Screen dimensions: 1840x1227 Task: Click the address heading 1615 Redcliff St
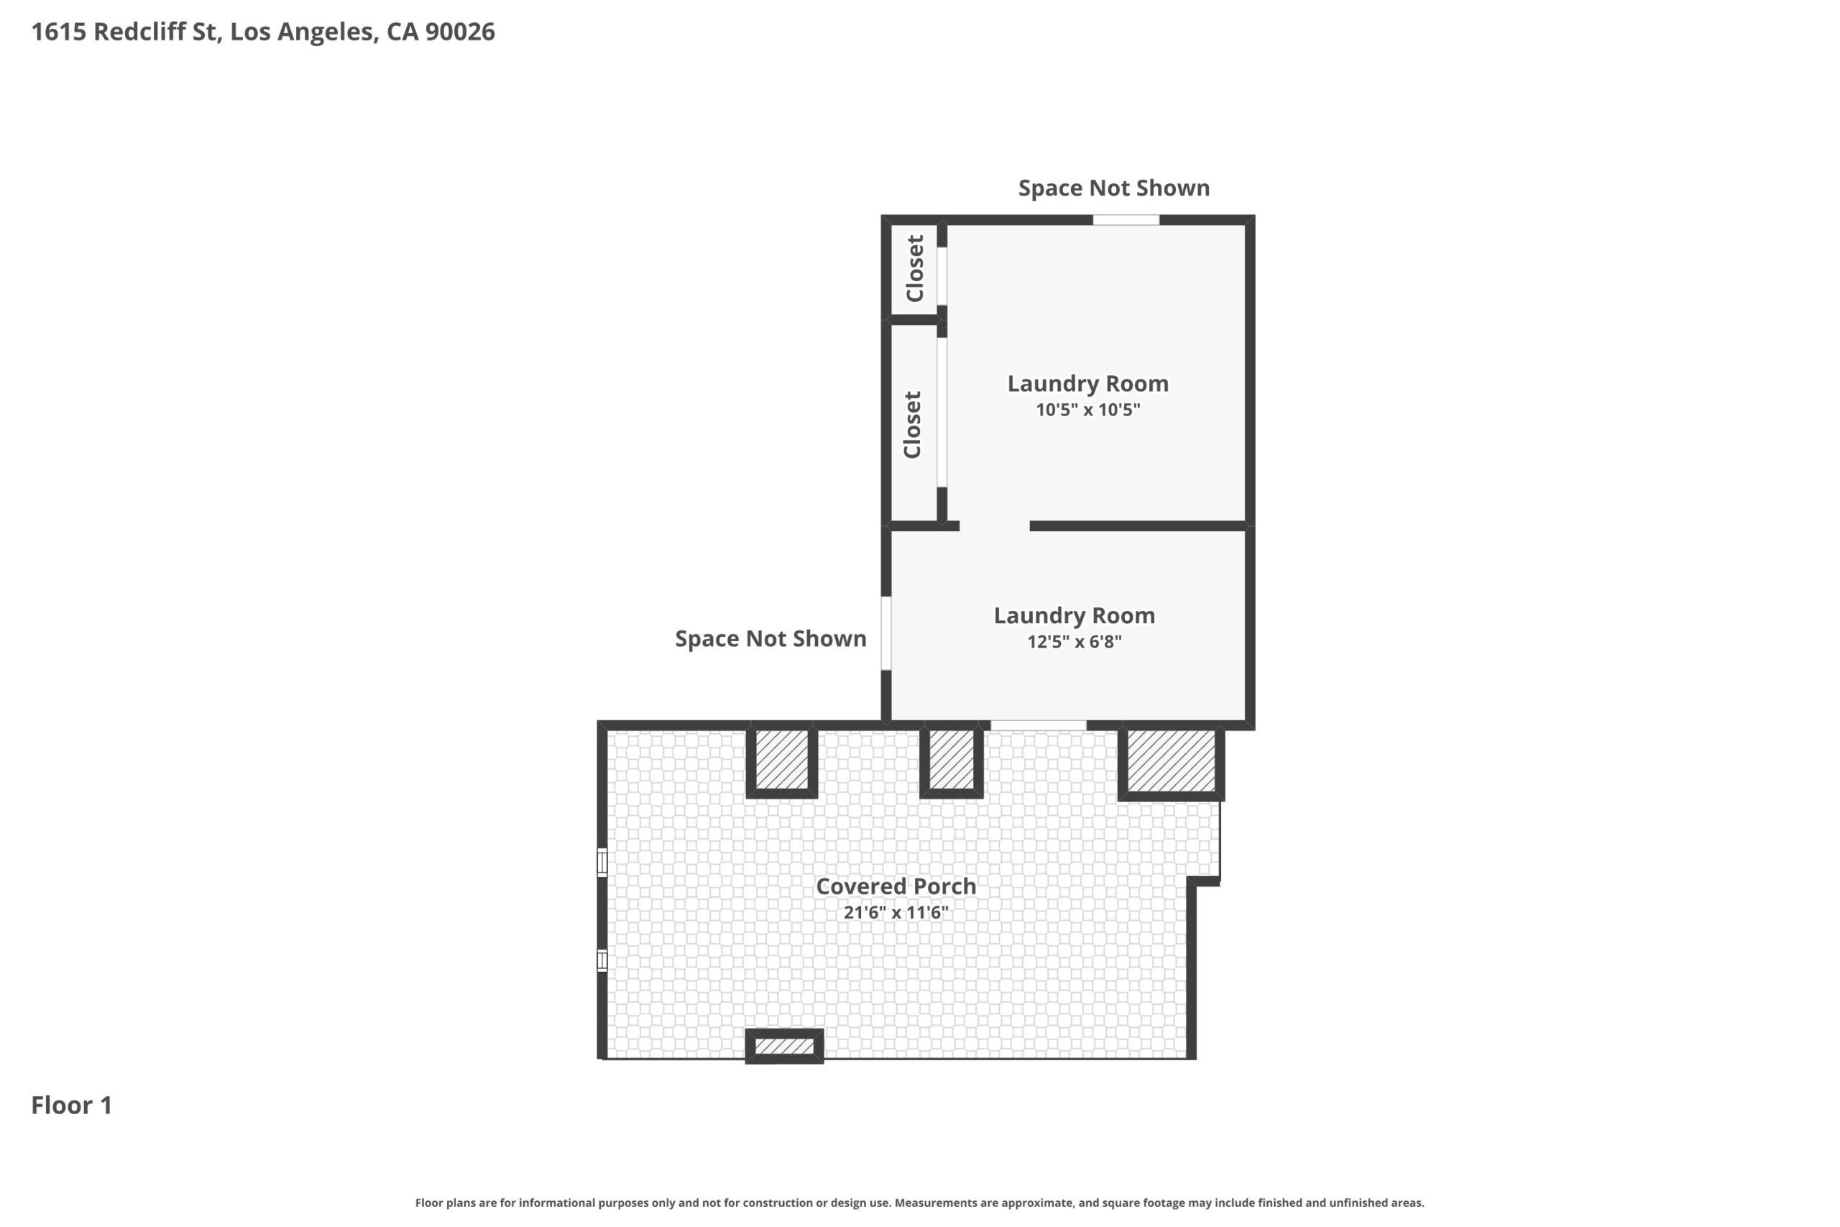pos(263,32)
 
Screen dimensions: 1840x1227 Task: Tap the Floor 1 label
pos(72,1105)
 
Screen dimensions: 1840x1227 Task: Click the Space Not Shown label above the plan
pos(1114,188)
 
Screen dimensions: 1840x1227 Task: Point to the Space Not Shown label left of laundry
pos(770,638)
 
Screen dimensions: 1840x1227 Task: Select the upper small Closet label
pos(914,268)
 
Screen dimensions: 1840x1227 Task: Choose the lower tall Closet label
pos(912,425)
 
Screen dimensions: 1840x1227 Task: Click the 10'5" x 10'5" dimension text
pos(1088,409)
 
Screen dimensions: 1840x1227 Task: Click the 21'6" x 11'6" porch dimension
pos(896,912)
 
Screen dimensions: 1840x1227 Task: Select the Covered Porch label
pos(896,886)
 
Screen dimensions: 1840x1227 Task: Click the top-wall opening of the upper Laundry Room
pos(1126,220)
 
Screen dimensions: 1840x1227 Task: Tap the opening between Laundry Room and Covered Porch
pos(1038,725)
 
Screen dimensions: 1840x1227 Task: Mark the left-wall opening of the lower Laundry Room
pos(886,633)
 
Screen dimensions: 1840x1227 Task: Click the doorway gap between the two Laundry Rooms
pos(994,526)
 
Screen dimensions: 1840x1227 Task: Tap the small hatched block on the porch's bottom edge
pos(784,1047)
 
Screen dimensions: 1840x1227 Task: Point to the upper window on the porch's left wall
pos(602,863)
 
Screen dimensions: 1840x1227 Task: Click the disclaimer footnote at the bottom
pos(920,1203)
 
